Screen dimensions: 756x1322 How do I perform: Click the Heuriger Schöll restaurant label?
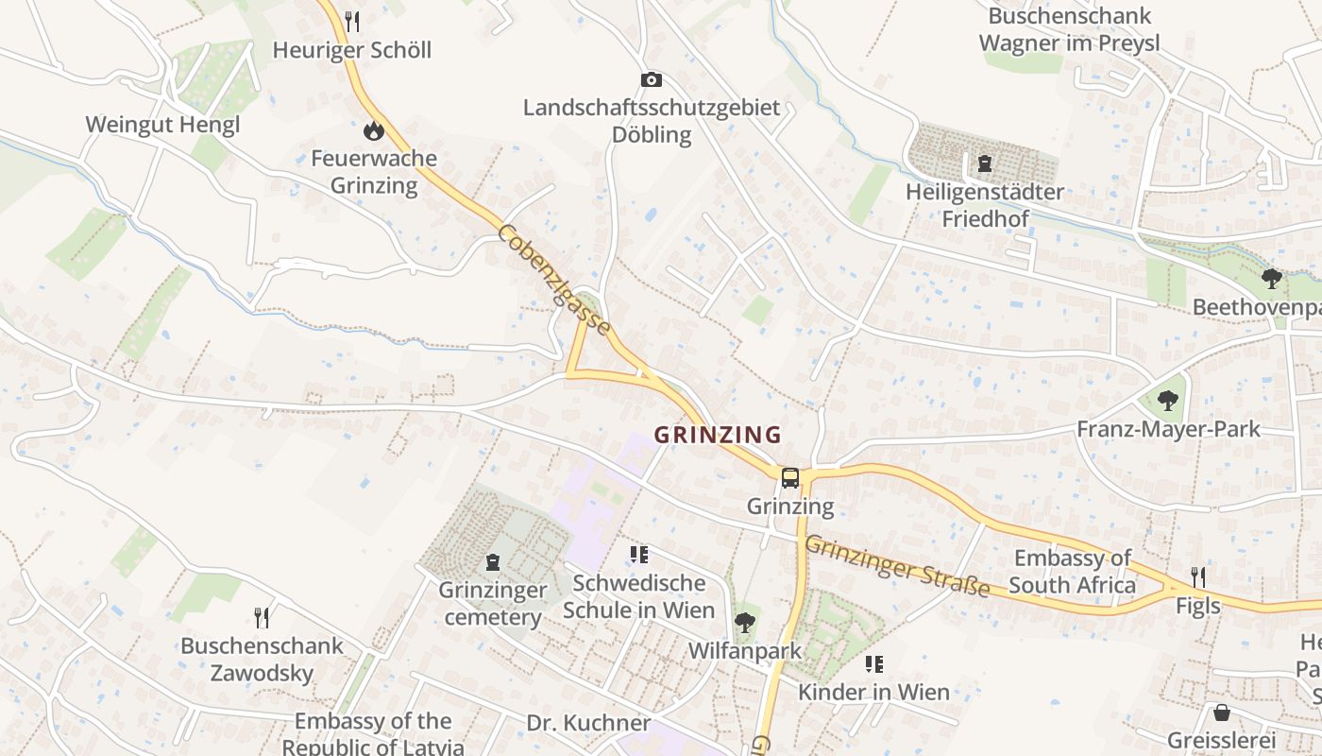(x=351, y=50)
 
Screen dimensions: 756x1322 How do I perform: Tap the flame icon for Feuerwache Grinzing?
(x=374, y=130)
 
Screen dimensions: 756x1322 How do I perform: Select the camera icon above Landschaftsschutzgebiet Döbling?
(x=652, y=80)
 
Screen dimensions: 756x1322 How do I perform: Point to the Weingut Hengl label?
(x=162, y=125)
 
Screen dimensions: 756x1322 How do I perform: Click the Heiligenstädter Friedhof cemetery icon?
(x=985, y=163)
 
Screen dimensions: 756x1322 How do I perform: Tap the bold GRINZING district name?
(x=718, y=435)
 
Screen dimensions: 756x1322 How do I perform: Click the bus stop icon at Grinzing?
(x=790, y=478)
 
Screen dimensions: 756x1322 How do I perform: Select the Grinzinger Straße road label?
(x=897, y=566)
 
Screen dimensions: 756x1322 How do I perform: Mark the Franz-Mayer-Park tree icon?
(x=1168, y=401)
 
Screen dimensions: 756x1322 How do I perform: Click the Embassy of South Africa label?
(x=1072, y=572)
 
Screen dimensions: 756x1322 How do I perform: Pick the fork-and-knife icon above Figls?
(x=1197, y=577)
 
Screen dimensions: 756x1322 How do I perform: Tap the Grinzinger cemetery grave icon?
(x=492, y=562)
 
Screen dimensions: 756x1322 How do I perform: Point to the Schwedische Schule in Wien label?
(x=638, y=596)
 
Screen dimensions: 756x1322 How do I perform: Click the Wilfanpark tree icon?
(x=744, y=623)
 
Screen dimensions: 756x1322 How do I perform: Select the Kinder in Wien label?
(x=873, y=692)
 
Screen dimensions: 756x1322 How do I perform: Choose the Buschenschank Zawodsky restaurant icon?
(x=263, y=618)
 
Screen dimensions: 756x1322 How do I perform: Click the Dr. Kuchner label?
(x=588, y=724)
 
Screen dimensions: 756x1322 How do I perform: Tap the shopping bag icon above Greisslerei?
(x=1222, y=712)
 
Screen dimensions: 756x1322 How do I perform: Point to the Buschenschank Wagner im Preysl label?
(x=1069, y=29)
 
